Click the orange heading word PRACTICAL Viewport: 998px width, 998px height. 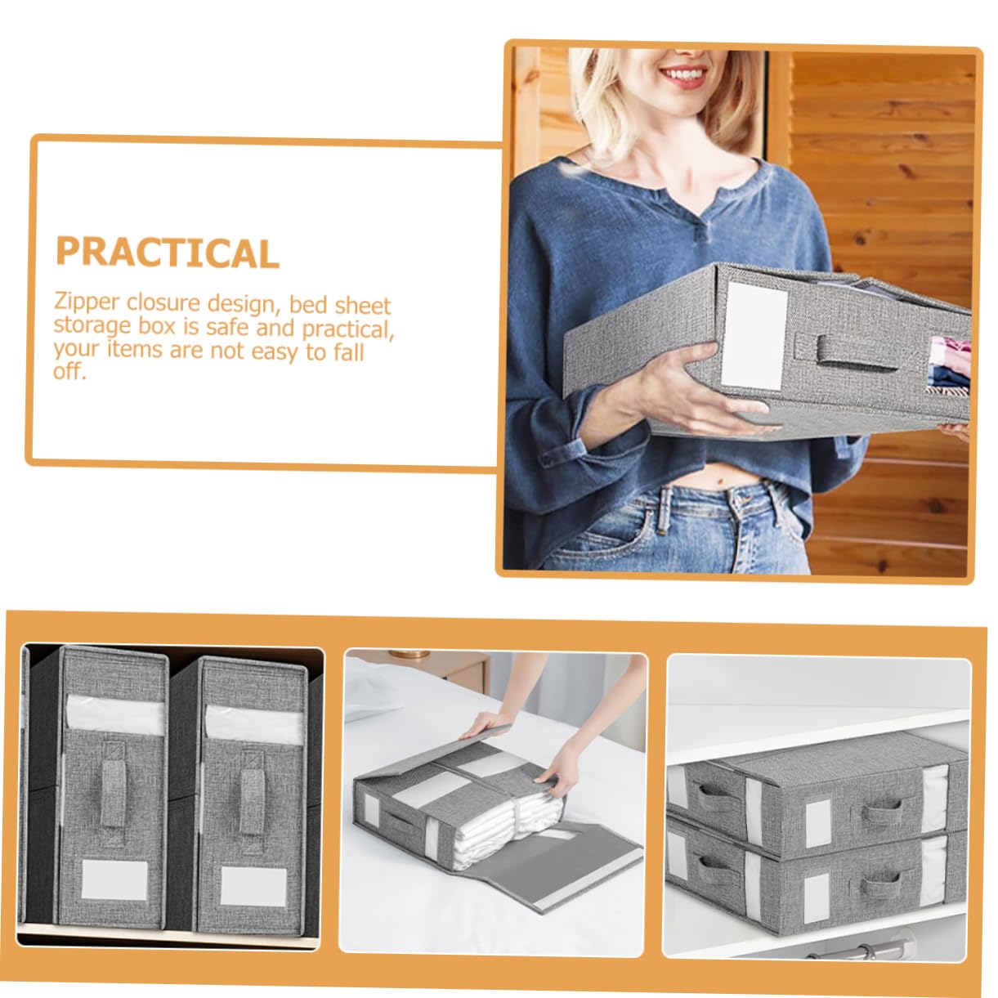(168, 253)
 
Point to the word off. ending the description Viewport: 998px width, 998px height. (69, 371)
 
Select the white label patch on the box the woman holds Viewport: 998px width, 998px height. (754, 335)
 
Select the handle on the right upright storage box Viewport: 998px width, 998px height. (253, 801)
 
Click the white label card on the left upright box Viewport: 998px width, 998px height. (114, 880)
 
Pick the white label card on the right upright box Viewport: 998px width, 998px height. (253, 886)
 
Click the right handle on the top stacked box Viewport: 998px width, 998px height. (880, 812)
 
